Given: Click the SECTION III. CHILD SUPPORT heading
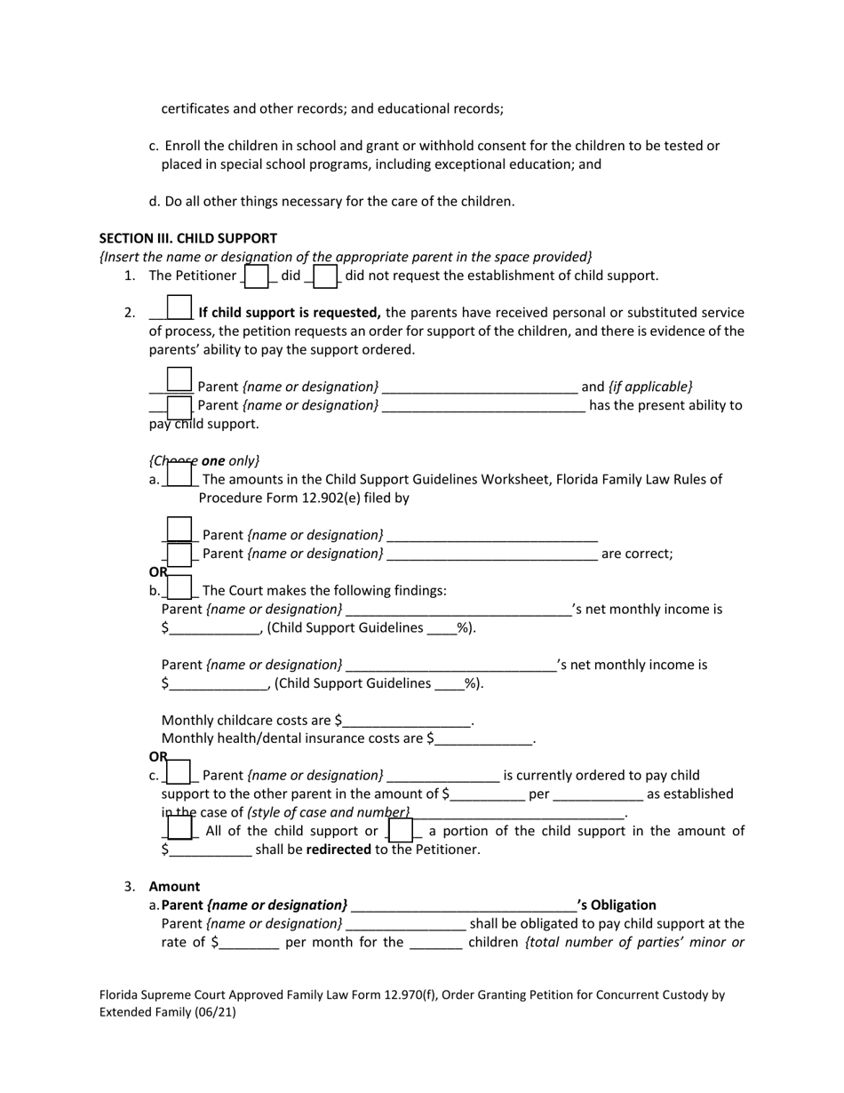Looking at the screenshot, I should click(x=187, y=238).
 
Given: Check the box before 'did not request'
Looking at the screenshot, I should click(x=325, y=276).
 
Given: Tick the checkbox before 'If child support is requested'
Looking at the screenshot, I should click(x=179, y=307).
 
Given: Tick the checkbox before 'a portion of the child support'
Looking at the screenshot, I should click(x=400, y=830).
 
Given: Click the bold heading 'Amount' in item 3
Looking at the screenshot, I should click(x=174, y=886).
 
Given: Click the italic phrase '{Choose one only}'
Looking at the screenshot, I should click(x=204, y=460).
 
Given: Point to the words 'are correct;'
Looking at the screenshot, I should click(x=637, y=554).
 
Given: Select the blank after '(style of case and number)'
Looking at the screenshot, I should click(x=519, y=813).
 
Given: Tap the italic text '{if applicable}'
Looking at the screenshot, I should click(x=650, y=387).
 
